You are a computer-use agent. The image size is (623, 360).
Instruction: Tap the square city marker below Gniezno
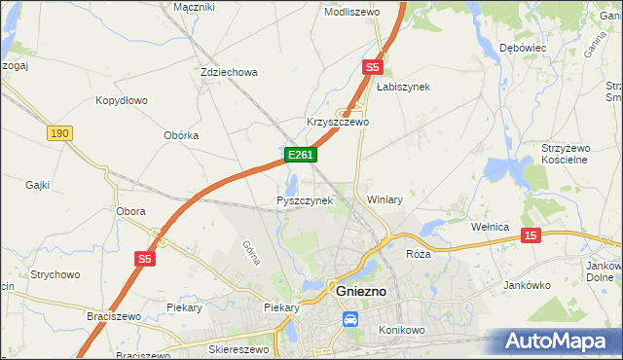tap(350, 317)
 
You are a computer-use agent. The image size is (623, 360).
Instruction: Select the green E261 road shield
tap(300, 155)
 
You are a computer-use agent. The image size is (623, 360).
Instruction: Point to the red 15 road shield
tap(531, 235)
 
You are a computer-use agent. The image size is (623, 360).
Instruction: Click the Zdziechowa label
tap(228, 72)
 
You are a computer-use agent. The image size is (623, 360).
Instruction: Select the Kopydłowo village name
tap(121, 100)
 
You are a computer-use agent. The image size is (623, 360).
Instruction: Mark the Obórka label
tap(181, 135)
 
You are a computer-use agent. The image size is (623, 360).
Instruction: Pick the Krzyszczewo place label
tap(338, 123)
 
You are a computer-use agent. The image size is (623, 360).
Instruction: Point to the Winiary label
tap(385, 198)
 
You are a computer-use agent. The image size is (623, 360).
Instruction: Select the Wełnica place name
tap(491, 227)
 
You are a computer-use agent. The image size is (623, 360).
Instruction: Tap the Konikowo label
tap(404, 330)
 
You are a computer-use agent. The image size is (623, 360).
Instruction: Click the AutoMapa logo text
tap(562, 342)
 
